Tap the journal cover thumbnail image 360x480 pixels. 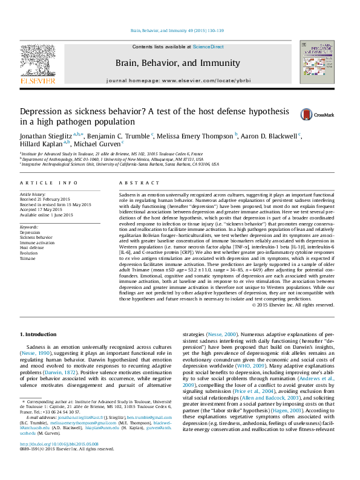pos(317,62)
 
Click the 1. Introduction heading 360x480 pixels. pos(40,334)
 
